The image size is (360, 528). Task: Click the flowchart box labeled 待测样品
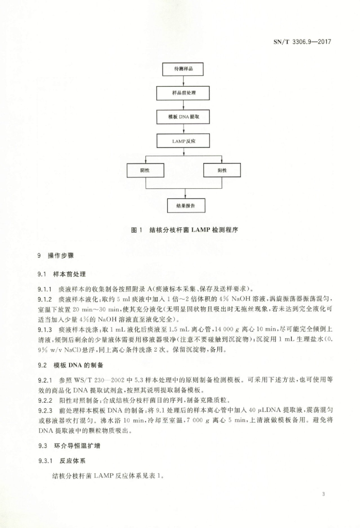(x=183, y=69)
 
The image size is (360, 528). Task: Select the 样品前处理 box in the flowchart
(x=183, y=93)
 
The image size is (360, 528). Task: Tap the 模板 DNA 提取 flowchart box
(x=183, y=117)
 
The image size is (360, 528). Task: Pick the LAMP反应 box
(x=183, y=141)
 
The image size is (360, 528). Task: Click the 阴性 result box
(x=146, y=169)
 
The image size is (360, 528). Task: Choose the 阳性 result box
(x=222, y=169)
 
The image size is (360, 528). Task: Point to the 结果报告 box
(x=183, y=206)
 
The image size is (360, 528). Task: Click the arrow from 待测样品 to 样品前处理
(x=183, y=81)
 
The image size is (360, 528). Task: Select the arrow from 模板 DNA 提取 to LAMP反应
(x=183, y=129)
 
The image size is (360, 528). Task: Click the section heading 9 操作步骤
(x=55, y=255)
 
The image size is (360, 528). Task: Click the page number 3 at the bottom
(x=323, y=495)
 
